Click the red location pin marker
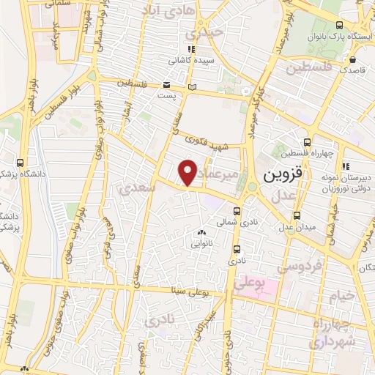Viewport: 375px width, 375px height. (188, 172)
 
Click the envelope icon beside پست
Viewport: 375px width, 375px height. (166, 83)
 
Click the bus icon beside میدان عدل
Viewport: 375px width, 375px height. (297, 216)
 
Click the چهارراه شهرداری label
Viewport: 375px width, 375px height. (333, 333)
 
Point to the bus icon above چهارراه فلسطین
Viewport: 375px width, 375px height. (308, 142)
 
